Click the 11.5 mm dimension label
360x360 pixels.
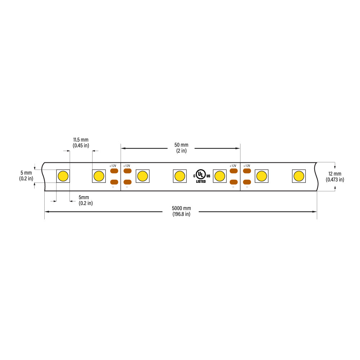81,140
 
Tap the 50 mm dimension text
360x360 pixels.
181,145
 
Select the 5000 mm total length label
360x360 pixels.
181,208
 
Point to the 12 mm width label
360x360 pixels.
335,174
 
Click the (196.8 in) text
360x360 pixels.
181,214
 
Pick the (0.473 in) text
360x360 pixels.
335,180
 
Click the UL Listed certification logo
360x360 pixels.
202,176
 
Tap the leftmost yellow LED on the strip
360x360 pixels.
63,176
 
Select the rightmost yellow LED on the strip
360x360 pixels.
299,176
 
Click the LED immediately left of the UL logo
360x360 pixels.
180,176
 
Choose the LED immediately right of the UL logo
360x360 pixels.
220,176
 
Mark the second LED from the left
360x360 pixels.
99,176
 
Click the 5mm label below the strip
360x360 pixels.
84,197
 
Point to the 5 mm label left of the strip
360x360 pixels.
26,173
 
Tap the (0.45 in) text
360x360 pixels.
81,145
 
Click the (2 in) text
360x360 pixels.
181,151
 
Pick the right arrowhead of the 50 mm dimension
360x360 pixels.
238,148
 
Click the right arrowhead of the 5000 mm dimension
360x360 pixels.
315,212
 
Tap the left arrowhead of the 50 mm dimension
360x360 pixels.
123,148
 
